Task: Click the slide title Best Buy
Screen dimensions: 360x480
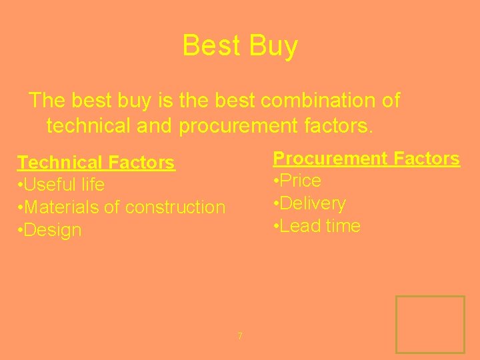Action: coord(240,46)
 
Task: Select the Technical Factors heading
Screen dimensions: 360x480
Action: coord(96,163)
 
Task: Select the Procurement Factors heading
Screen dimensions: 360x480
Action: coord(366,159)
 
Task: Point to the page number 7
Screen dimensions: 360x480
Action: coord(240,335)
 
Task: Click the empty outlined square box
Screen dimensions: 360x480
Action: coord(430,324)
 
